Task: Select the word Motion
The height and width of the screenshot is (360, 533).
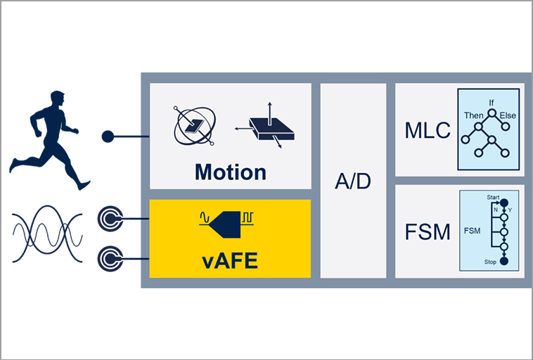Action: [x=231, y=172]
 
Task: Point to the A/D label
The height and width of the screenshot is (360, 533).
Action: [x=353, y=181]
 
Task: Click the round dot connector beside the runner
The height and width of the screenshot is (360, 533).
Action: [x=108, y=136]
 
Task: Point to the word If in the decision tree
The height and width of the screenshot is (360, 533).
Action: [x=492, y=103]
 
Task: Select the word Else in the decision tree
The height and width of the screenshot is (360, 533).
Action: [x=508, y=115]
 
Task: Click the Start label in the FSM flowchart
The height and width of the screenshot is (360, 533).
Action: [x=492, y=198]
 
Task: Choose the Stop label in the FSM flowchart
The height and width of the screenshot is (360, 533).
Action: [x=490, y=262]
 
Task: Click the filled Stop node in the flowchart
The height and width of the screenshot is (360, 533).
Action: [x=503, y=262]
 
